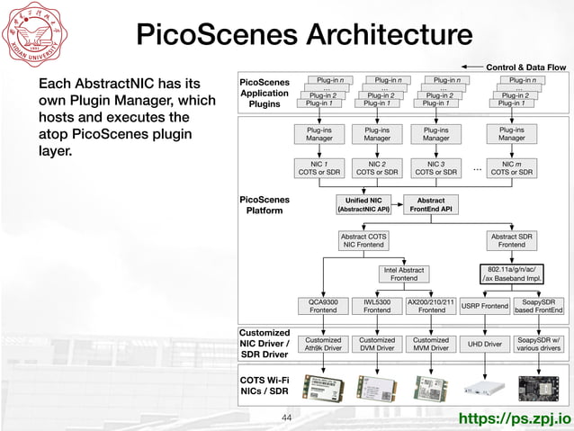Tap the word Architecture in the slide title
tap(390, 34)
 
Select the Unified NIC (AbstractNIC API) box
tap(363, 204)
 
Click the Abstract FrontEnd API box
tap(430, 204)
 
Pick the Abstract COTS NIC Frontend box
tap(363, 239)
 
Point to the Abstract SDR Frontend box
tap(512, 239)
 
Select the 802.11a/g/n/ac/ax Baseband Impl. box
tap(512, 274)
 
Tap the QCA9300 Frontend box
tap(323, 306)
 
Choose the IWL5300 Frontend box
tap(377, 306)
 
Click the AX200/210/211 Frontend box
tap(431, 306)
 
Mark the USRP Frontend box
tap(484, 307)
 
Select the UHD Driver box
tap(486, 344)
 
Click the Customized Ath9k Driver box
tap(323, 344)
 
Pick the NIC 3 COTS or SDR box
tap(435, 168)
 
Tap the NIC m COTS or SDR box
tap(511, 168)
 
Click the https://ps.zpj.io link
tap(516, 418)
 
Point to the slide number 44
tap(287, 418)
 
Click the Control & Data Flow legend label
tap(525, 67)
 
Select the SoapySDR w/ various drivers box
tap(540, 344)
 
